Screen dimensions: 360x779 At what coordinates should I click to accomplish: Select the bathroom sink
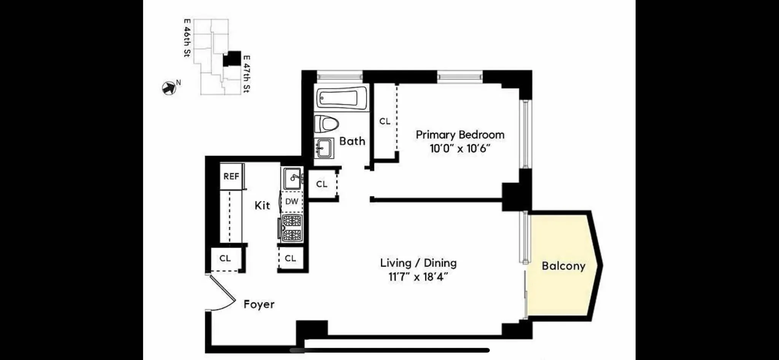tap(324, 148)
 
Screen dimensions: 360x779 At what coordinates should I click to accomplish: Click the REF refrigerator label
tap(231, 177)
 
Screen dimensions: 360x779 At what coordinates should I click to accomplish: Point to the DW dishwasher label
tap(292, 201)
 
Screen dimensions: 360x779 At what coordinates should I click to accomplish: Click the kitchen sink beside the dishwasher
tap(293, 178)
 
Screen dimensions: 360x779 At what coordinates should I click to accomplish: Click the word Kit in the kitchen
tap(262, 205)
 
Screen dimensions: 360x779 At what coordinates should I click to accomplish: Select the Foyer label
tap(259, 304)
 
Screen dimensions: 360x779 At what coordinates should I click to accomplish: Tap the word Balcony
tap(563, 266)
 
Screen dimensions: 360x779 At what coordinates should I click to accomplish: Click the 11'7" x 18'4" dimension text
tap(418, 277)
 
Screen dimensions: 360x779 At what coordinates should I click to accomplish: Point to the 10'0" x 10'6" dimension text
tap(460, 148)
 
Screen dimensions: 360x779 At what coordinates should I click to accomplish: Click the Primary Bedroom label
tap(460, 135)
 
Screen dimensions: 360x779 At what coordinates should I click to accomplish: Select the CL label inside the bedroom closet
tap(385, 121)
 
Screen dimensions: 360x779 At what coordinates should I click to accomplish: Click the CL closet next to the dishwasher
tap(322, 184)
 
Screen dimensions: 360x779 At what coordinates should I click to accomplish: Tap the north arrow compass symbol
tap(169, 88)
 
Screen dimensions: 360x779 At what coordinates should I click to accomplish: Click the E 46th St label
tap(187, 38)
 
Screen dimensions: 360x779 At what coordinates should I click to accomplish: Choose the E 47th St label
tap(246, 74)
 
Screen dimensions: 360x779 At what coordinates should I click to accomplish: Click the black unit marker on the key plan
tap(232, 59)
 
